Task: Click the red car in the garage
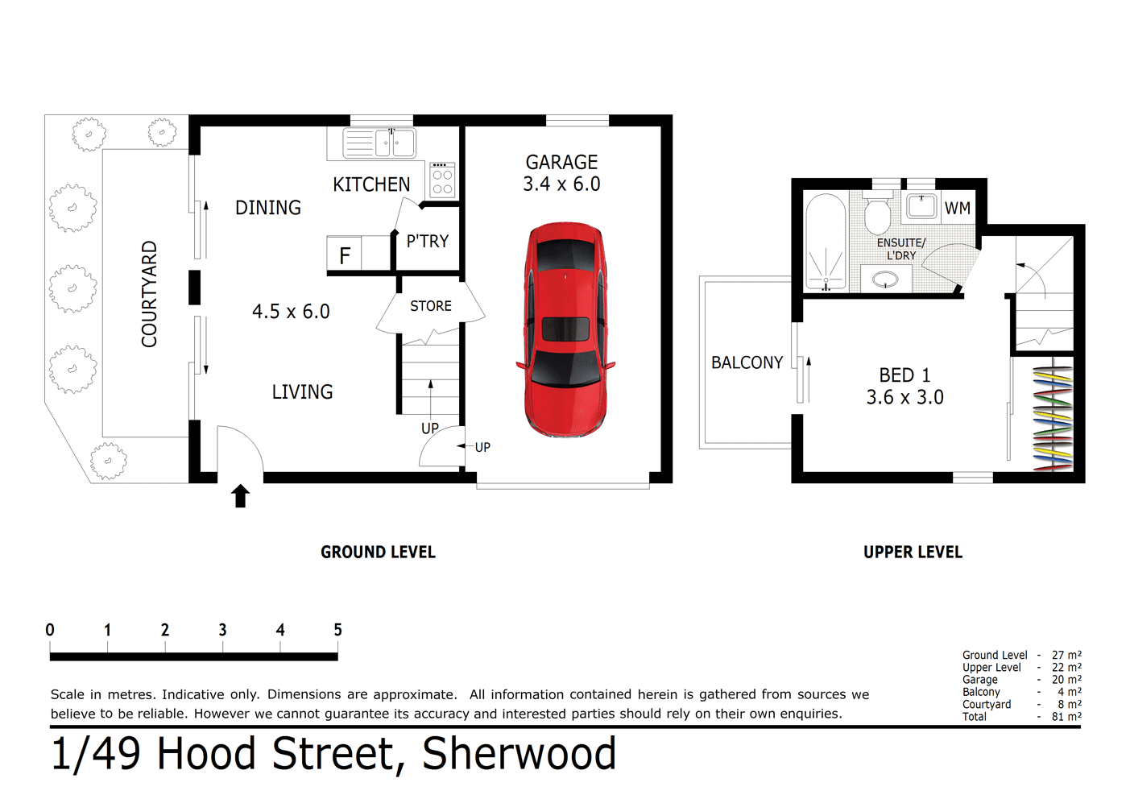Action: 565,330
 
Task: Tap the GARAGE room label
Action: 561,163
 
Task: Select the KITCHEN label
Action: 371,184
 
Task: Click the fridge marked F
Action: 345,255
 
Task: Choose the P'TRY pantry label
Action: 427,241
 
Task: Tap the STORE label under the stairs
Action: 430,306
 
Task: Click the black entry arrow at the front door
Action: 240,495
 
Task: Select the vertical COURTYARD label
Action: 149,294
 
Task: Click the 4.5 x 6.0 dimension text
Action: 291,312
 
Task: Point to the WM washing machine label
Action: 957,209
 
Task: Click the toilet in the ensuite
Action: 877,217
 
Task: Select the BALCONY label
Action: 747,362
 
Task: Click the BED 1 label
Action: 904,375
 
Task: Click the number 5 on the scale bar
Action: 337,630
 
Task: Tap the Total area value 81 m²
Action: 1066,716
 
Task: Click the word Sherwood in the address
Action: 519,755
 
